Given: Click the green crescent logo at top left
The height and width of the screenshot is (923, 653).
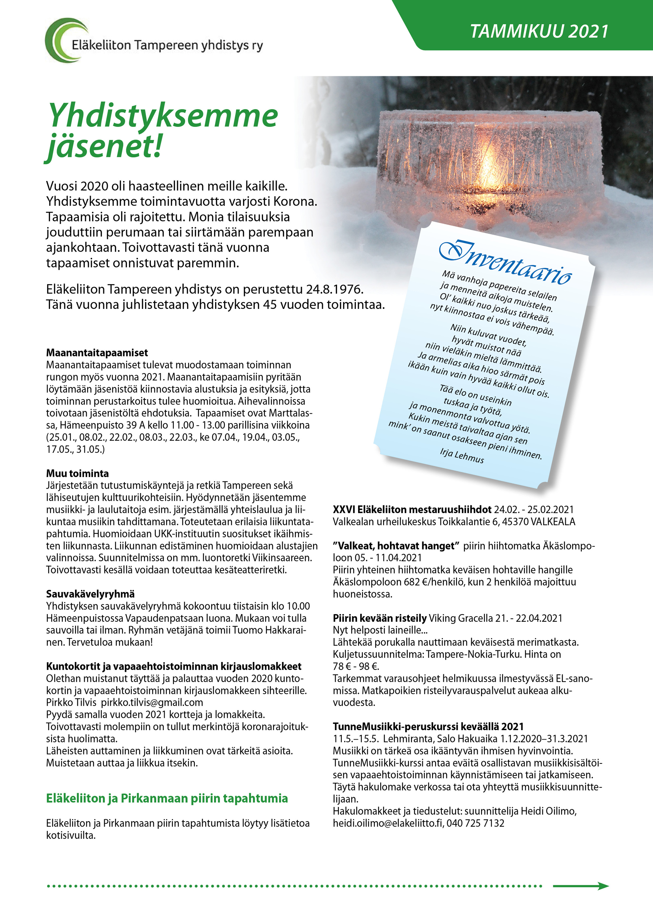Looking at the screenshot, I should [x=64, y=40].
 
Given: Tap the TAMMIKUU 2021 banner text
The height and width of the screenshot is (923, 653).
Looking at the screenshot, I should [x=539, y=31].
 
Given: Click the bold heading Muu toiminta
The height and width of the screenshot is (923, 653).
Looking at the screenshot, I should [x=77, y=473].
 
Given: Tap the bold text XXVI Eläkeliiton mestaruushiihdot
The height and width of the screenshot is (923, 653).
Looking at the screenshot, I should [x=412, y=509].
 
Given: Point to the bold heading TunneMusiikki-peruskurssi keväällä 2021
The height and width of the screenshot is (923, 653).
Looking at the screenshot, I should [x=428, y=727].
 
